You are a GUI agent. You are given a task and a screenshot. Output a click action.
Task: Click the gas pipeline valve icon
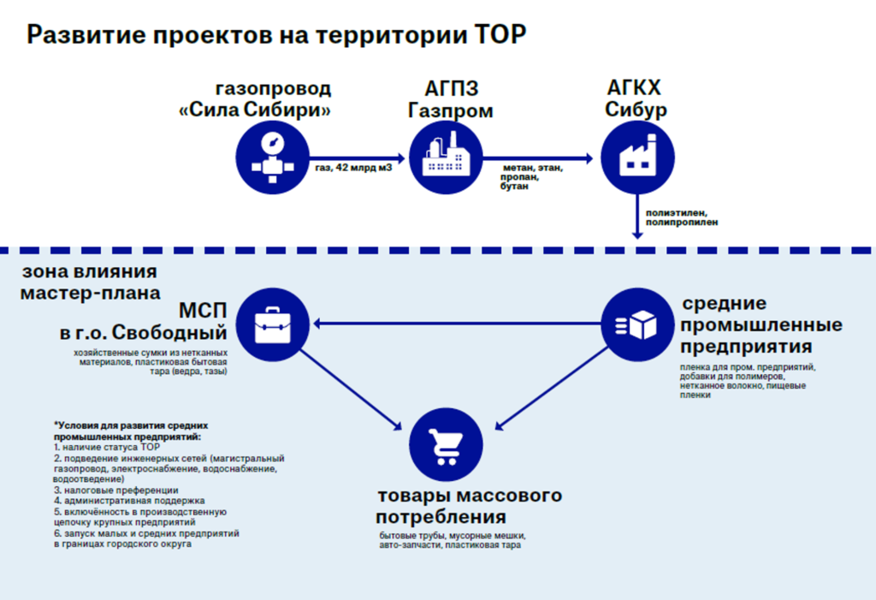click(x=271, y=157)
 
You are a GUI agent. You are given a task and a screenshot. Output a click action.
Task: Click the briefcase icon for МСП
click(x=271, y=324)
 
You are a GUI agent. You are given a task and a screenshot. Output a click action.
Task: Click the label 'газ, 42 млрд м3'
click(x=354, y=168)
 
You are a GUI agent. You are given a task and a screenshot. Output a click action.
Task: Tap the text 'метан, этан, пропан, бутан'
click(x=531, y=176)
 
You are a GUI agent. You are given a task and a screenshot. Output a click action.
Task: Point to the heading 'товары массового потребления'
click(x=469, y=507)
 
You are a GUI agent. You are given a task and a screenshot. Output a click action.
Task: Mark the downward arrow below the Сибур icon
click(x=636, y=216)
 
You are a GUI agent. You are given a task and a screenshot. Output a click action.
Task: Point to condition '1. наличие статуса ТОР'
click(x=107, y=448)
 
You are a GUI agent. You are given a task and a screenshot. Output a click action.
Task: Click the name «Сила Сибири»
click(x=256, y=110)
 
